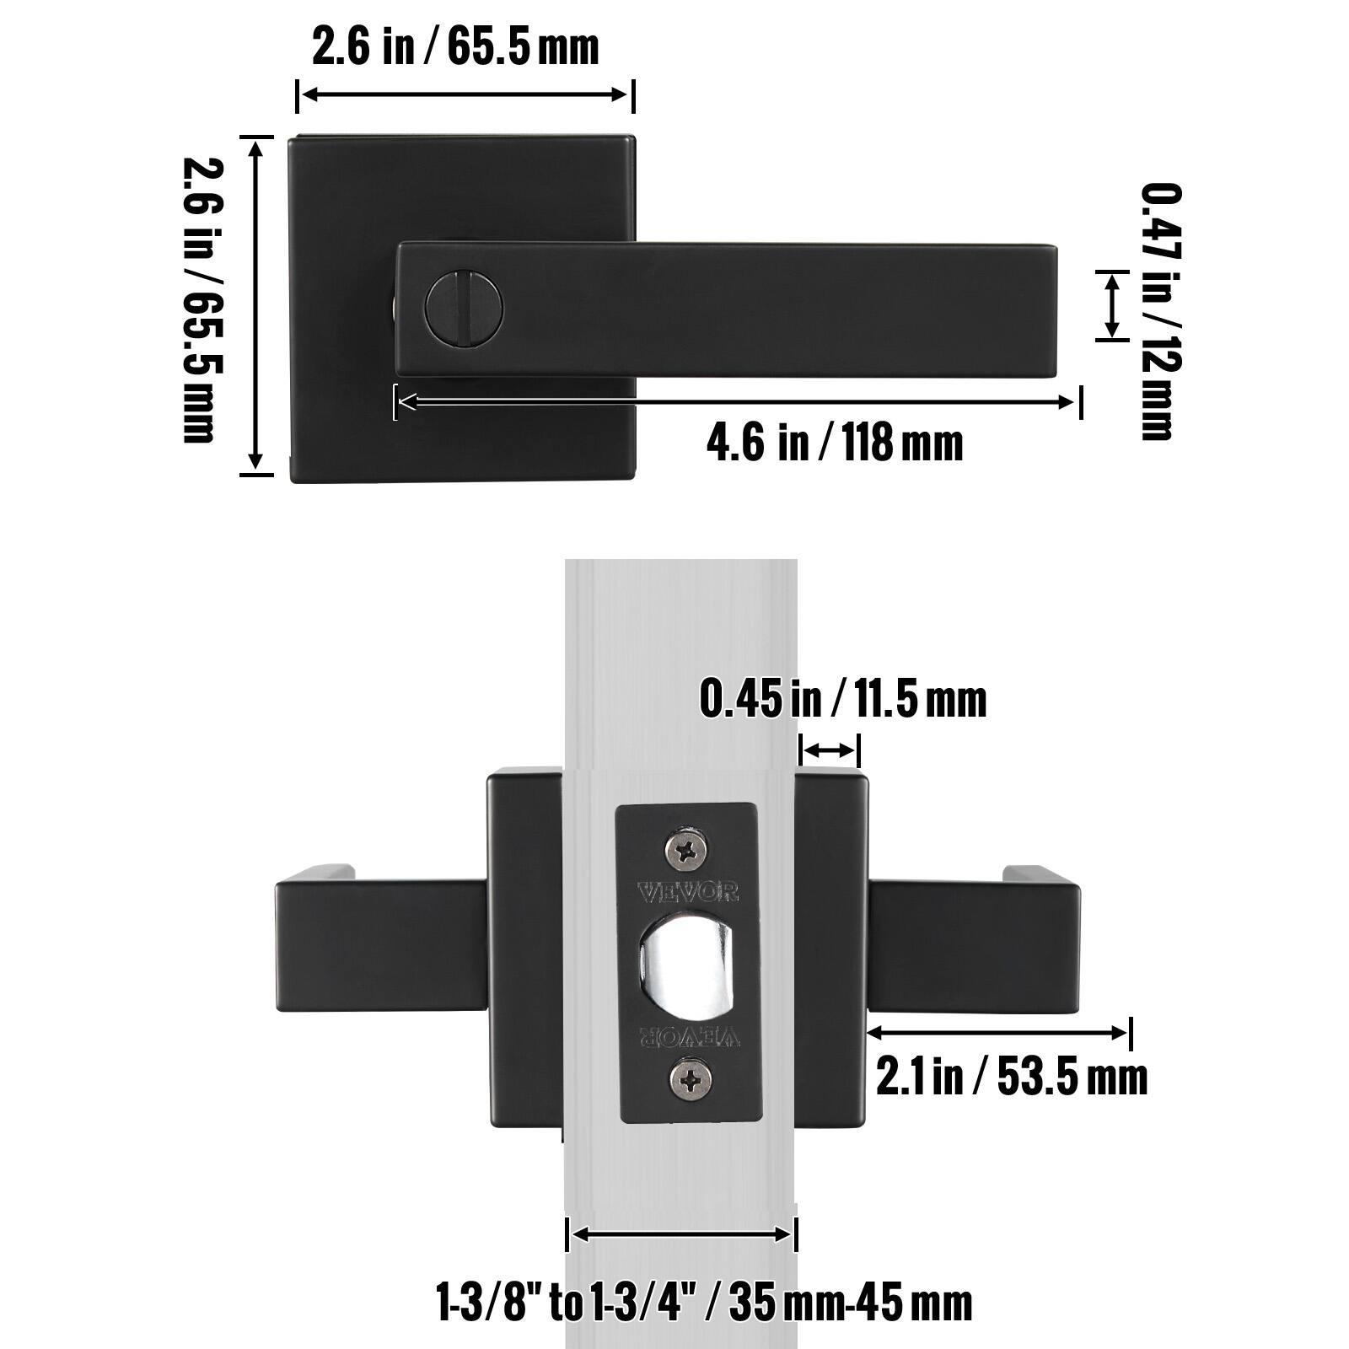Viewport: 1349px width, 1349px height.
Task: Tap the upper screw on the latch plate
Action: [689, 847]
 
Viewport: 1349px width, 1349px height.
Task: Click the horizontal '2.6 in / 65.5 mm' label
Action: [455, 46]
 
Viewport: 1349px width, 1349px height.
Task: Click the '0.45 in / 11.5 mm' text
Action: [842, 700]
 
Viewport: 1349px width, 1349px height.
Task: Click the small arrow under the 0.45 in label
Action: [829, 750]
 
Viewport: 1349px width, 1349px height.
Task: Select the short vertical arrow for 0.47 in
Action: [1112, 305]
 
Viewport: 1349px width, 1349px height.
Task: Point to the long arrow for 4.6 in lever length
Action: [738, 402]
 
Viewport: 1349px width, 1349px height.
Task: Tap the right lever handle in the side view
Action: [974, 940]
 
